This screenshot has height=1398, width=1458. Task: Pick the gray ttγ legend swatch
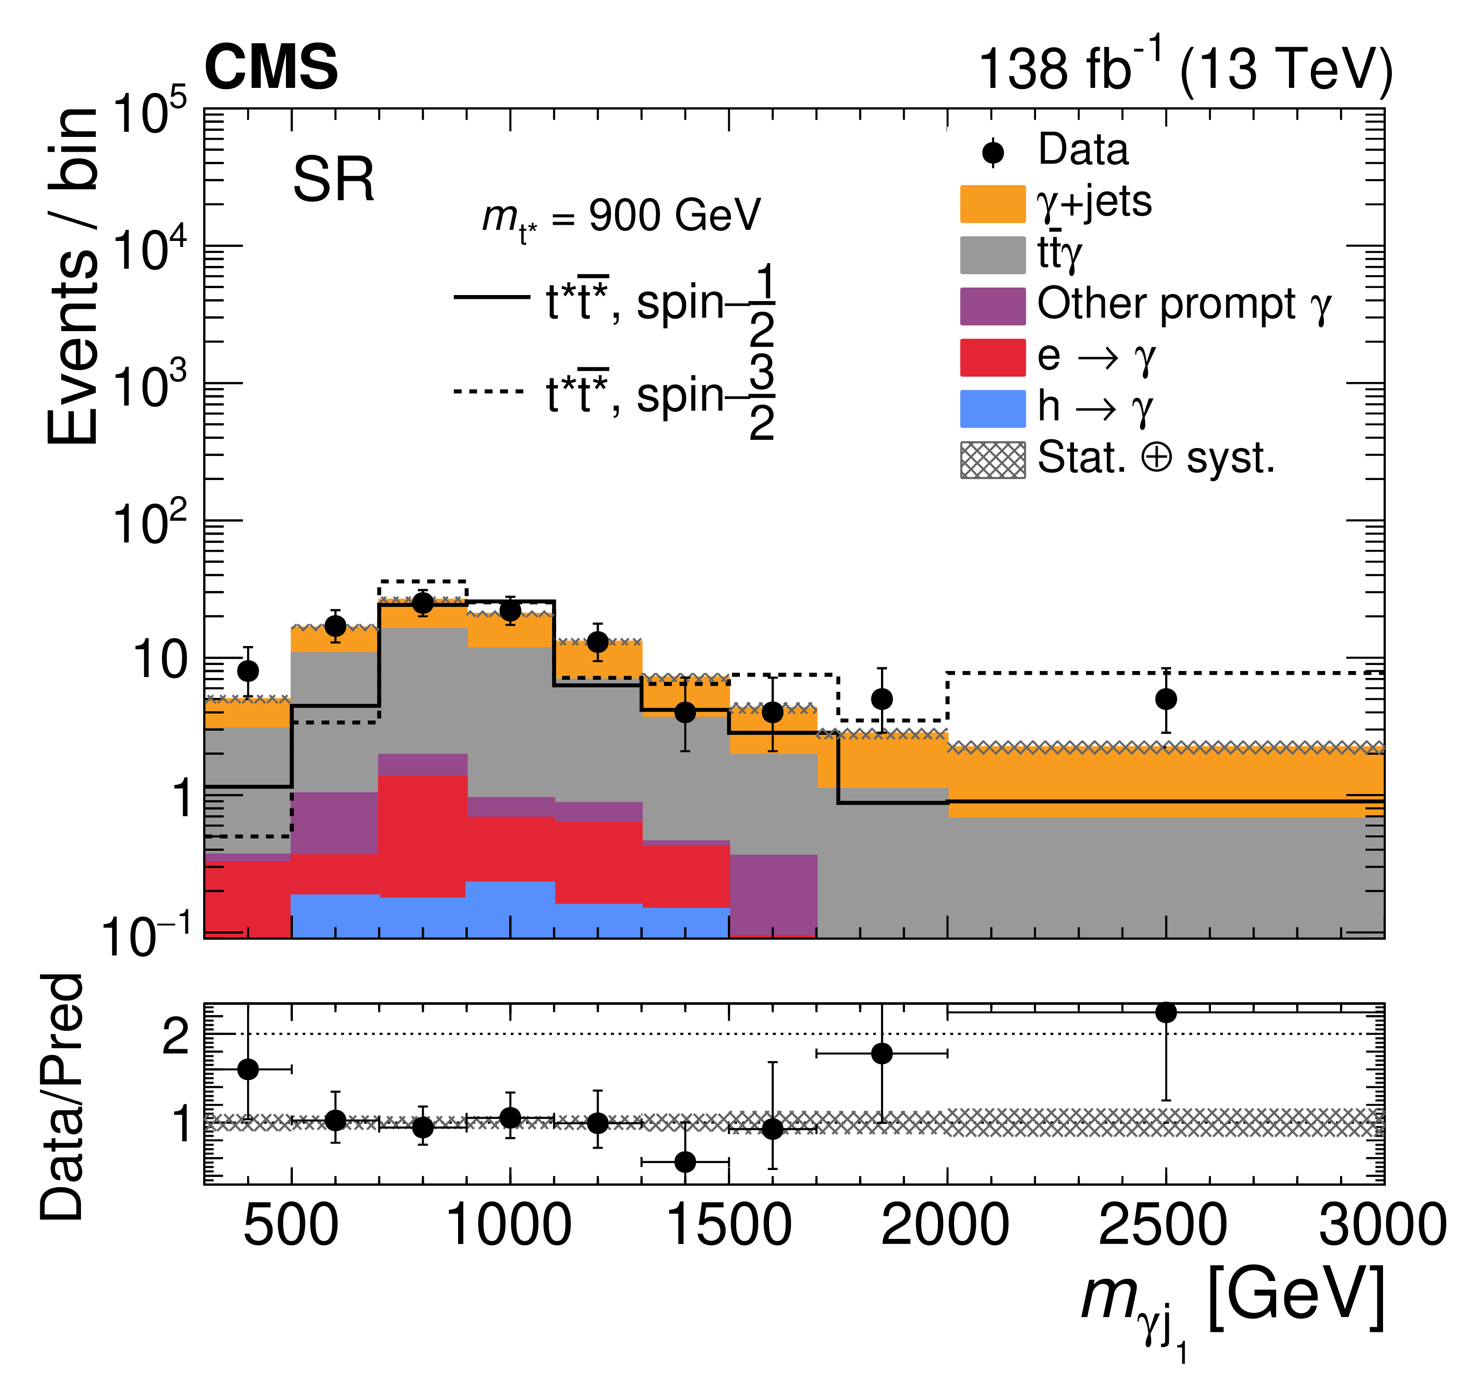pos(993,255)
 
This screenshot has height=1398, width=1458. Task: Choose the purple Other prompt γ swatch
pos(993,306)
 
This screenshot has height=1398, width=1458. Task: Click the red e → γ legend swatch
pos(993,357)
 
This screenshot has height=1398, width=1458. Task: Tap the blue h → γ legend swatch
pos(993,409)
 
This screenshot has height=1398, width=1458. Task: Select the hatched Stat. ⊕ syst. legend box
pos(993,460)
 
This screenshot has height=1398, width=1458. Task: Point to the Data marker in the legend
pos(993,153)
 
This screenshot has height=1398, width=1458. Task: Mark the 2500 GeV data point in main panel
pos(1166,699)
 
